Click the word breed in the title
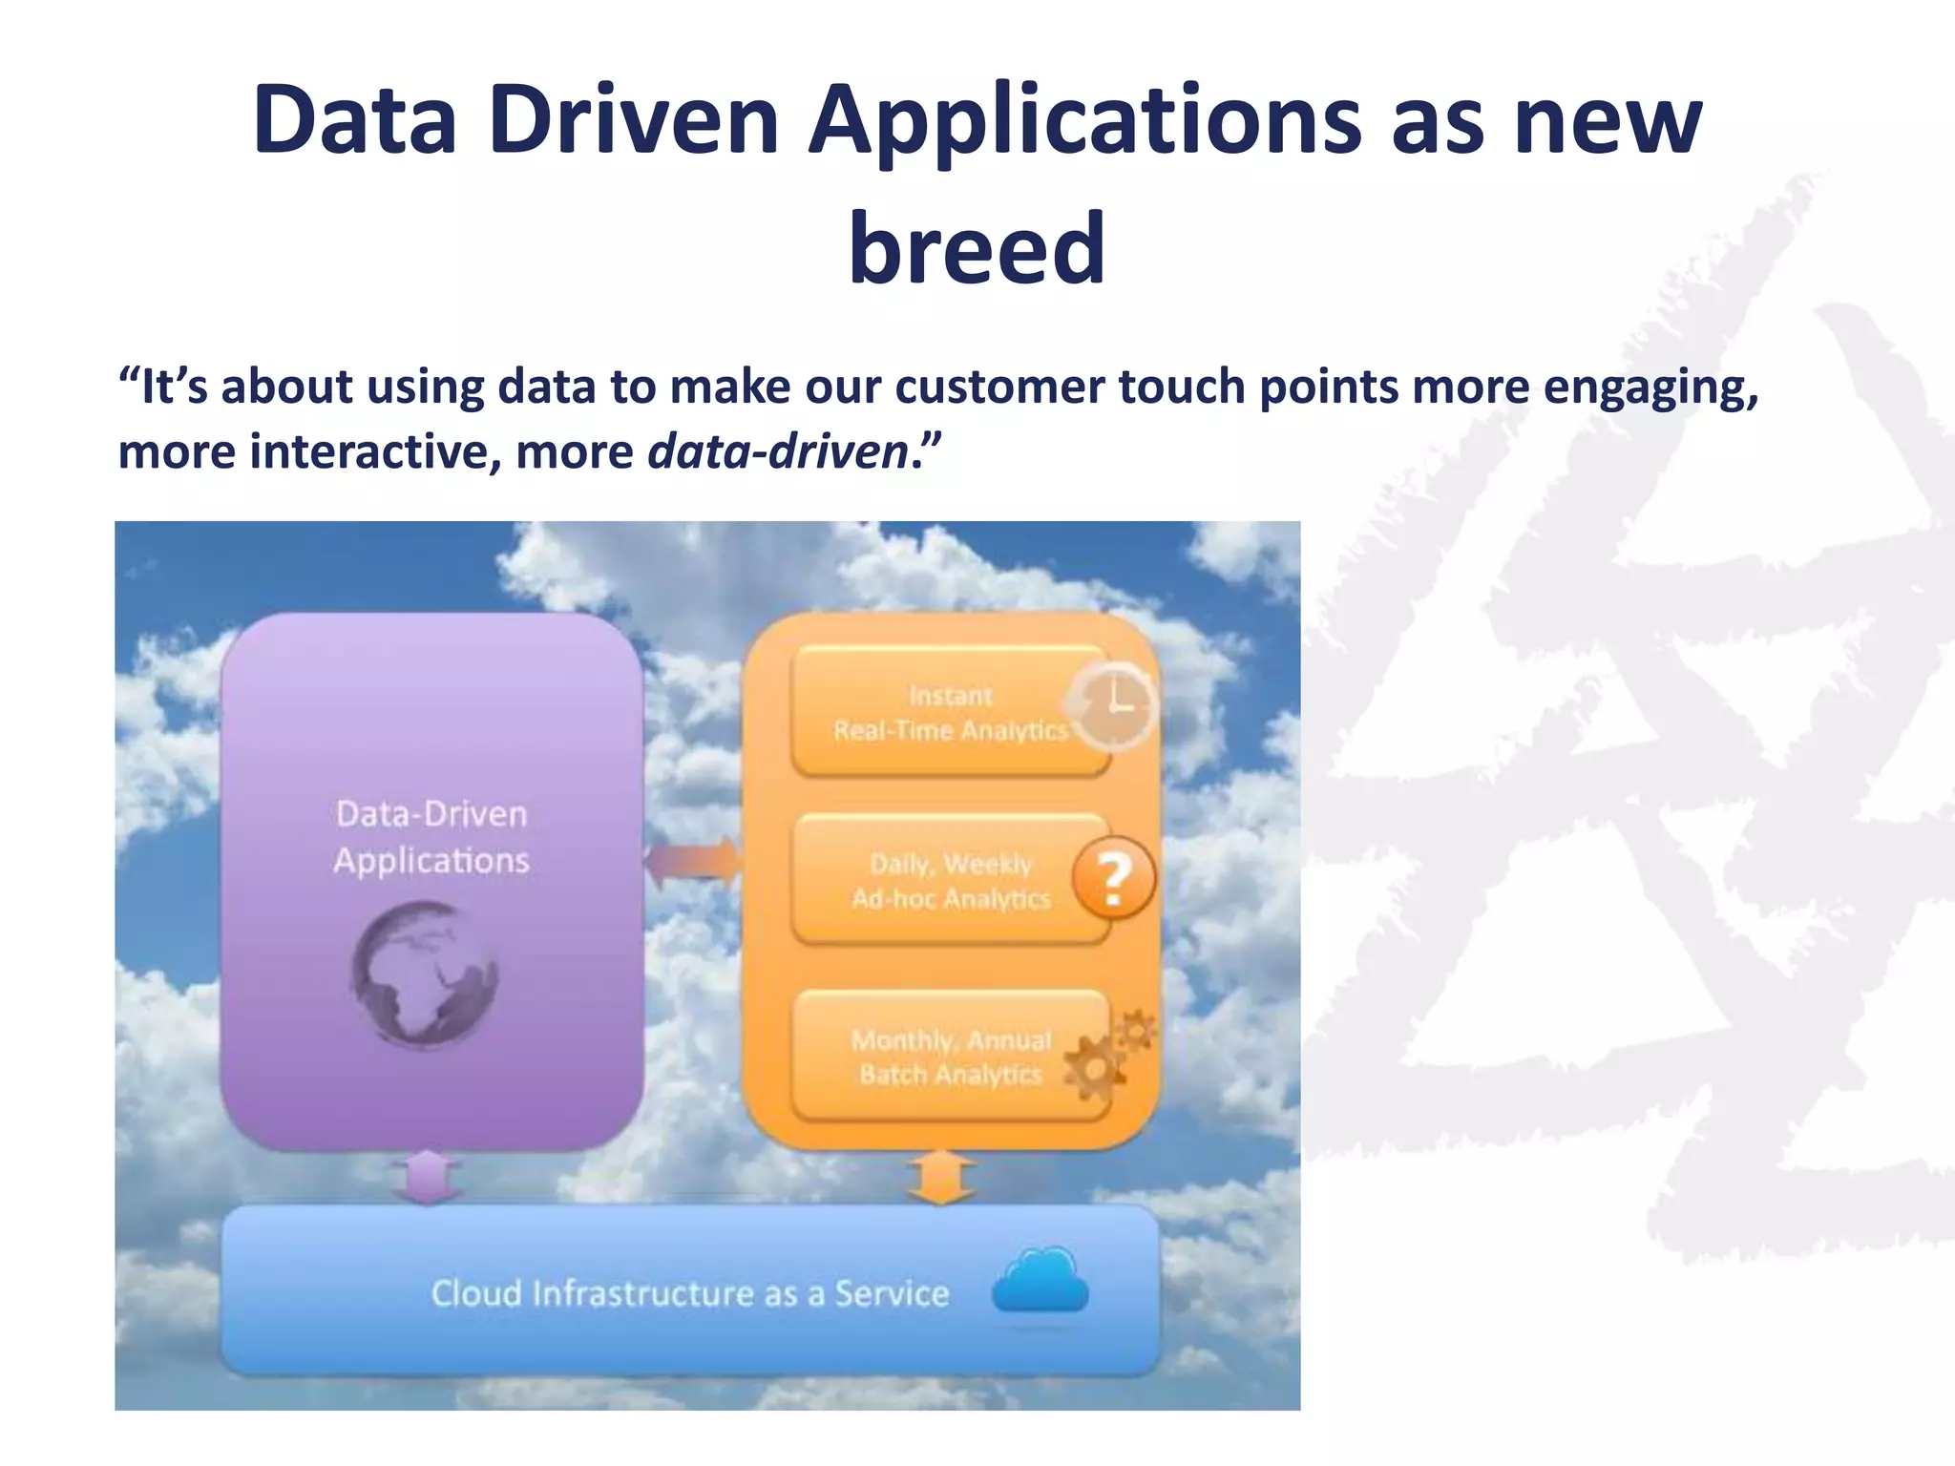(977, 248)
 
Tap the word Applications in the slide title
(1084, 121)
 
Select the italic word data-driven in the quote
(778, 451)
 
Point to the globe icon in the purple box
(424, 974)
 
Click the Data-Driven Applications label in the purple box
(431, 837)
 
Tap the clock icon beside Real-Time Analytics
(1113, 706)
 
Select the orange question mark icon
(1113, 878)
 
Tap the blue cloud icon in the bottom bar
(1041, 1282)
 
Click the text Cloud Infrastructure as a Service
(690, 1294)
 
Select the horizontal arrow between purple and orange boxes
(693, 862)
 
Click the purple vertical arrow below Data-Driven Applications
(427, 1177)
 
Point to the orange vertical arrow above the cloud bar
(941, 1177)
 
